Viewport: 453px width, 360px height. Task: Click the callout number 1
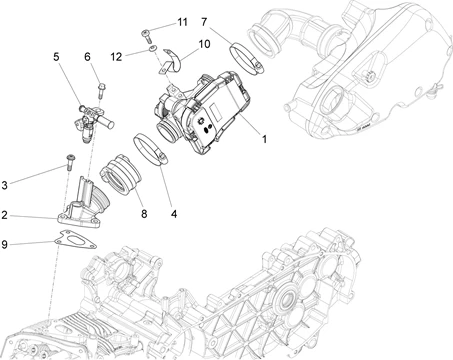click(264, 139)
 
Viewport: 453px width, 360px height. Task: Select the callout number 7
click(204, 22)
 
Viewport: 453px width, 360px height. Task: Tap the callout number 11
click(182, 22)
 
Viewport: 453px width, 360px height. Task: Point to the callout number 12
click(116, 57)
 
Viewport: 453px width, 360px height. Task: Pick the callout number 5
click(56, 57)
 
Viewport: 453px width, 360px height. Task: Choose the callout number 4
click(174, 214)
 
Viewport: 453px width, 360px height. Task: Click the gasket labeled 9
click(75, 240)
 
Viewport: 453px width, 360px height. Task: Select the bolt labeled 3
click(70, 162)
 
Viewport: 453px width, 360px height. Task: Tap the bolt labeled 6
click(101, 90)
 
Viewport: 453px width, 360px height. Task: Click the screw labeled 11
click(146, 36)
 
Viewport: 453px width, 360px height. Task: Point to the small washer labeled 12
click(153, 49)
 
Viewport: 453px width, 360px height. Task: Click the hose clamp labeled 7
click(247, 58)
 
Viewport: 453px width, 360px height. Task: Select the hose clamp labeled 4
click(150, 149)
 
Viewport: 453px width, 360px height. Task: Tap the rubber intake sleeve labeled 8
click(121, 173)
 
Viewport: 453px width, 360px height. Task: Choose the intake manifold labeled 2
click(83, 204)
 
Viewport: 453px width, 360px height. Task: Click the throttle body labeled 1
click(202, 112)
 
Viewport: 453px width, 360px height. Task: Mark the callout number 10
click(205, 44)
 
